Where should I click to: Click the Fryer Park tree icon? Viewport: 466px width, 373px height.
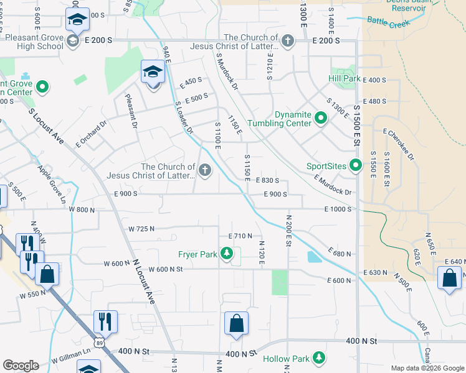tap(227, 254)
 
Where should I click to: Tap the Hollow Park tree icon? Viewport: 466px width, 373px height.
tap(319, 358)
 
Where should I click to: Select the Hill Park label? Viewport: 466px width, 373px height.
tap(345, 79)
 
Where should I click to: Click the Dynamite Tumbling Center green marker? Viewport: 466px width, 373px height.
tap(321, 117)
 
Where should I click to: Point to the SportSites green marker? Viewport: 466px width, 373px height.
tap(356, 165)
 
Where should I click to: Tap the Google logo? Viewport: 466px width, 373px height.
tap(21, 366)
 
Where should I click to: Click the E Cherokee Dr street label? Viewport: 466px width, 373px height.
tap(399, 144)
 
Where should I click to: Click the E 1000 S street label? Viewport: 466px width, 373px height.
tap(338, 210)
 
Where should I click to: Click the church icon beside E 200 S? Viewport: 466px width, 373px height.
tap(287, 41)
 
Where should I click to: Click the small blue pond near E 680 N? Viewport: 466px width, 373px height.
tap(315, 257)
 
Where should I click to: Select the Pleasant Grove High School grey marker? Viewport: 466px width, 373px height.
tap(72, 41)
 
